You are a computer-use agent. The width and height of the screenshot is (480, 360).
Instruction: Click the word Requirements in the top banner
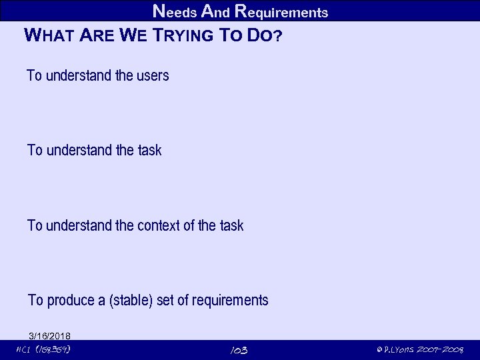pos(281,11)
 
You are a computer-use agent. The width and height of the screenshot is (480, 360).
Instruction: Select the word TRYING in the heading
pos(182,35)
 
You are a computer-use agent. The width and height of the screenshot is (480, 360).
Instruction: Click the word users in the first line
pos(152,75)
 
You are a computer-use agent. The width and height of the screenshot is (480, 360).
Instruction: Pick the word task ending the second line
pos(149,150)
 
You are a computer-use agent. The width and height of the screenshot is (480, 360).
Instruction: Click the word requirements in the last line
pos(230,301)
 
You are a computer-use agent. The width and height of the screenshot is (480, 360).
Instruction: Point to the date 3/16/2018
pos(50,335)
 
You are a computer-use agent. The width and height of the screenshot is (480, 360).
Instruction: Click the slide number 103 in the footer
pos(239,350)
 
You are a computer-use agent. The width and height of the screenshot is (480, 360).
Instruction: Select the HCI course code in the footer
pos(43,349)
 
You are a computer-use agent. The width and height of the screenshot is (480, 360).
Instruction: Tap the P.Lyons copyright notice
pos(419,350)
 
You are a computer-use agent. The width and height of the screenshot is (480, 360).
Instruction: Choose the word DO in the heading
pos(259,35)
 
